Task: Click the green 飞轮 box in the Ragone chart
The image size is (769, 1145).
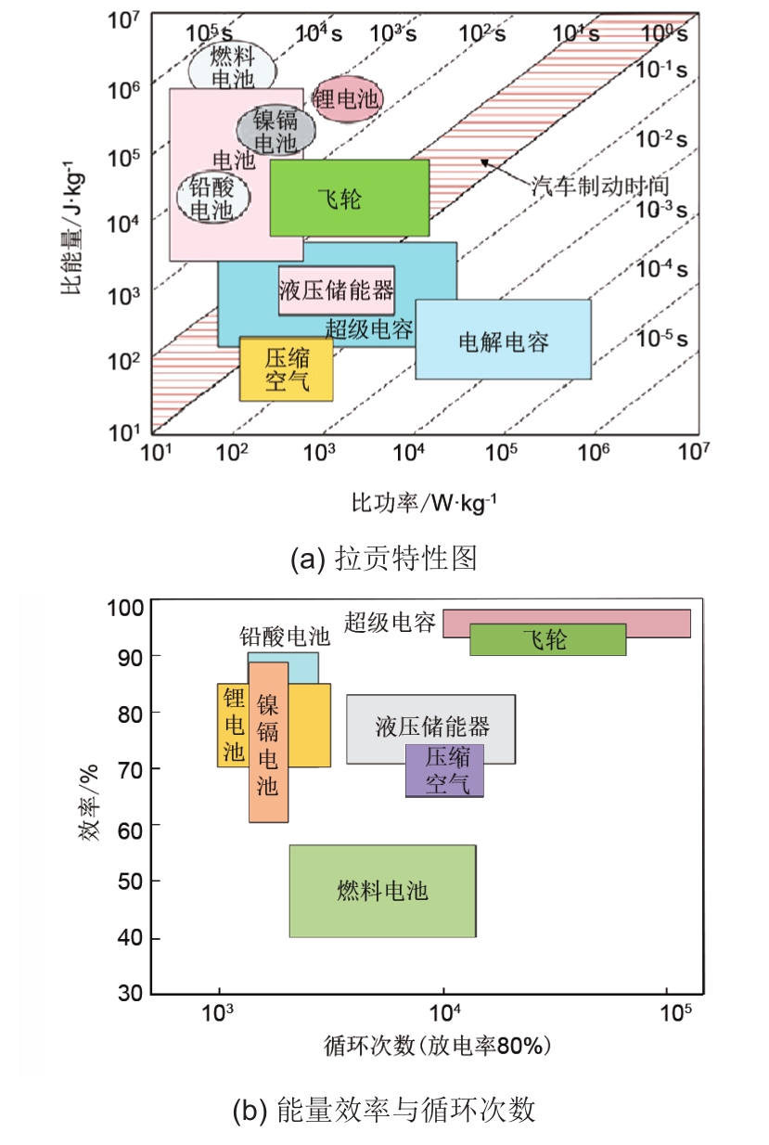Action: [350, 198]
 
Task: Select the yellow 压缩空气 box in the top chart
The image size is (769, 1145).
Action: [286, 368]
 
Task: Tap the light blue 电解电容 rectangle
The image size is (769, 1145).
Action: [504, 340]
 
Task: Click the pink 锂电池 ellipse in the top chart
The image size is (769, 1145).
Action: [347, 99]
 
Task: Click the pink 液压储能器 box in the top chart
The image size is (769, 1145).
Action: [337, 290]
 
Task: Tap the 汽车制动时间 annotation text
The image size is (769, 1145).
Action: [600, 186]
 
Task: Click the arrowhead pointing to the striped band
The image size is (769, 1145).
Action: [484, 162]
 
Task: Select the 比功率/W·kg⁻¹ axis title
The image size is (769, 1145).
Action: [424, 503]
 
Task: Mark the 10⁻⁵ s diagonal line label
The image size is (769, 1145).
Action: [661, 339]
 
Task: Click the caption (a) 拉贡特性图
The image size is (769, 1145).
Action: [384, 558]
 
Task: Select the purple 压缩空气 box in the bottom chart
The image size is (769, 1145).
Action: [444, 770]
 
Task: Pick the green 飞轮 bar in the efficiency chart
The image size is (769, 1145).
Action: [547, 639]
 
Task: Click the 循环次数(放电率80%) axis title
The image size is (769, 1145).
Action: [438, 1046]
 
